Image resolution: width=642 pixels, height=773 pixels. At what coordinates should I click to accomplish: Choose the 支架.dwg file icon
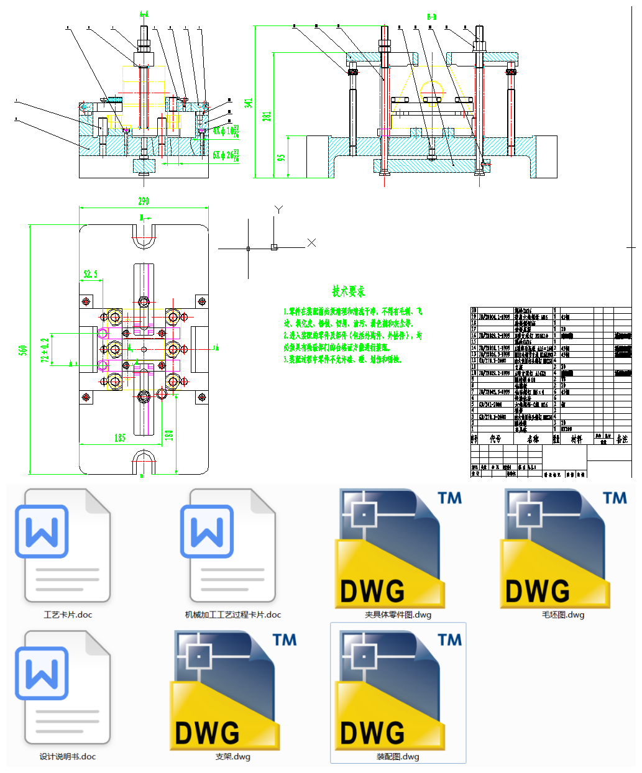[225, 690]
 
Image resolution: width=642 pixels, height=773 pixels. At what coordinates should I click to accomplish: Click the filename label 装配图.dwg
[398, 757]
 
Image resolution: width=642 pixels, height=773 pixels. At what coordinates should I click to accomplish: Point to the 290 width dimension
[144, 201]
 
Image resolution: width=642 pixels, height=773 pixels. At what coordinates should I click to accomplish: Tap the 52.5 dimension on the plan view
[91, 274]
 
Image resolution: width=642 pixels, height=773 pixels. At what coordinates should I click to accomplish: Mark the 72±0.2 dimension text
[45, 350]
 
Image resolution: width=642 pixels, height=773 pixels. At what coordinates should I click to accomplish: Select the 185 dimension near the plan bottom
[120, 438]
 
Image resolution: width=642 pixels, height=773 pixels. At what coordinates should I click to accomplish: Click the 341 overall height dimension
[249, 103]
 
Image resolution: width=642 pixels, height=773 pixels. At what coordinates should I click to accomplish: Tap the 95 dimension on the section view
[282, 158]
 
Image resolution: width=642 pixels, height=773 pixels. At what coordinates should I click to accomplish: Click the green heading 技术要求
[348, 291]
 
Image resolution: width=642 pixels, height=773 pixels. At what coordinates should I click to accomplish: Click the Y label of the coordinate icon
[279, 209]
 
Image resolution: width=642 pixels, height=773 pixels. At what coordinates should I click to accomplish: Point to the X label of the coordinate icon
[311, 243]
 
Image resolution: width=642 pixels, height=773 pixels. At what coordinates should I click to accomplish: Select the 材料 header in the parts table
[577, 439]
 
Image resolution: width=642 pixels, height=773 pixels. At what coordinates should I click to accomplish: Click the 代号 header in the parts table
[495, 439]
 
